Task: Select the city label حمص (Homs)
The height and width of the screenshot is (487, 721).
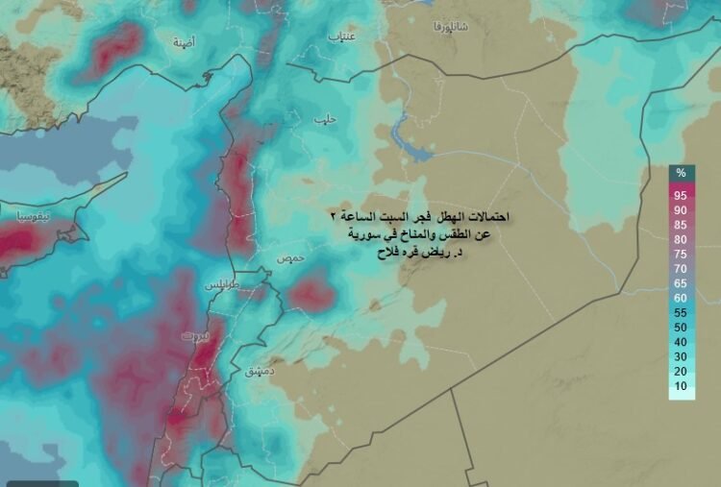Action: pyautogui.click(x=289, y=259)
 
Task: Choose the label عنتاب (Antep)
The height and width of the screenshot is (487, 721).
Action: pyautogui.click(x=341, y=37)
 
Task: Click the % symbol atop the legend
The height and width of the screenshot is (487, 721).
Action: pyautogui.click(x=681, y=173)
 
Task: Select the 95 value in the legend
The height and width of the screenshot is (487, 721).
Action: pyautogui.click(x=681, y=195)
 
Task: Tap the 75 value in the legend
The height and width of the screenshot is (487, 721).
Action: pyautogui.click(x=681, y=255)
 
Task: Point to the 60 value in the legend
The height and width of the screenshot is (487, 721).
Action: pyautogui.click(x=681, y=298)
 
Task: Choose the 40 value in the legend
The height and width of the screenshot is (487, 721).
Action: pyautogui.click(x=681, y=342)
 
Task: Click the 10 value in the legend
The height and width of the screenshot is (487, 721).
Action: pyautogui.click(x=681, y=386)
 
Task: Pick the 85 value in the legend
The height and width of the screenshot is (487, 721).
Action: pyautogui.click(x=681, y=225)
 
